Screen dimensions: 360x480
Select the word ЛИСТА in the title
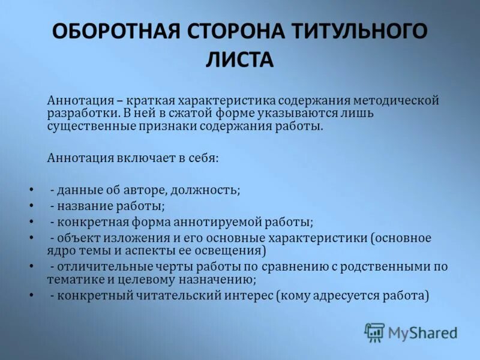[240, 59]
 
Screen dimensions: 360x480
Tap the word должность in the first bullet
[205, 190]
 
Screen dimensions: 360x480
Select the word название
[85, 206]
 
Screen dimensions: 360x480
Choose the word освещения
[230, 251]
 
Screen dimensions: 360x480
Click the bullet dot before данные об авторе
[31, 190]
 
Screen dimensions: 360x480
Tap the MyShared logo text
[422, 332]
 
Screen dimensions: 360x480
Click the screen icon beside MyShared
[374, 332]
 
